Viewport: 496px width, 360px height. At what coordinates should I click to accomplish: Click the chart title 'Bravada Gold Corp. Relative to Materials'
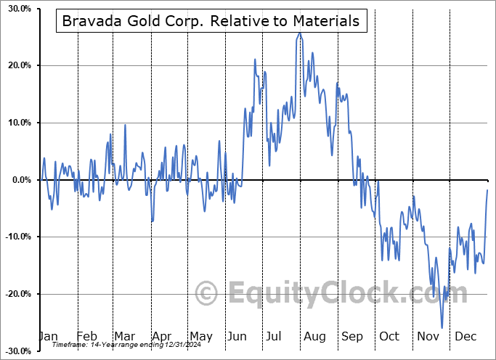(211, 21)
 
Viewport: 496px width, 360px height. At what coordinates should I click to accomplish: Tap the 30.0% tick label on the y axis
(17, 9)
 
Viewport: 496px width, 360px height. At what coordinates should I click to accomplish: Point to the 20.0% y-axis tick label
(17, 65)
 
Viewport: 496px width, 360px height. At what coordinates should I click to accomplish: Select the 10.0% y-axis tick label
(17, 123)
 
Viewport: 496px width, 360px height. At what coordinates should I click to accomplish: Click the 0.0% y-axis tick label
(19, 180)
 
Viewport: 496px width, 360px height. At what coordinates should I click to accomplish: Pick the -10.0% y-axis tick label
(16, 237)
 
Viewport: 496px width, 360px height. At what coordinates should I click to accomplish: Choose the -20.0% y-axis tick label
(16, 294)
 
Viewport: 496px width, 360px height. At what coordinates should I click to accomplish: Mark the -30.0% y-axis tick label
(16, 351)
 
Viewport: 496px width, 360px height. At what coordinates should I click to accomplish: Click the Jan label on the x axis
(47, 336)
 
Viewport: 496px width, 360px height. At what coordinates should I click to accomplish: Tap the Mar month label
(124, 336)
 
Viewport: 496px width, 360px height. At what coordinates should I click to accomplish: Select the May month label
(200, 336)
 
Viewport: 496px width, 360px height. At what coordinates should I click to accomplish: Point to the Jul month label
(275, 336)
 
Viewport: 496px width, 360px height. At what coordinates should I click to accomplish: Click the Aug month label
(314, 336)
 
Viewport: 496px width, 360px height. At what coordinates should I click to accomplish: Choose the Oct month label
(389, 336)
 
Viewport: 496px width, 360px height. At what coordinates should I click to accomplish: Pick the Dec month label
(465, 336)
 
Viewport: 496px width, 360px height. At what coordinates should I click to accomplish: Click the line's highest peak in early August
(298, 33)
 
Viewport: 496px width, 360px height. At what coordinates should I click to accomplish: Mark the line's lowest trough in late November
(442, 328)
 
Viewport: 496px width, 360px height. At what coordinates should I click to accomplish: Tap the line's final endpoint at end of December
(487, 190)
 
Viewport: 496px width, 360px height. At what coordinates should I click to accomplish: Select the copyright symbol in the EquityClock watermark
(208, 294)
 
